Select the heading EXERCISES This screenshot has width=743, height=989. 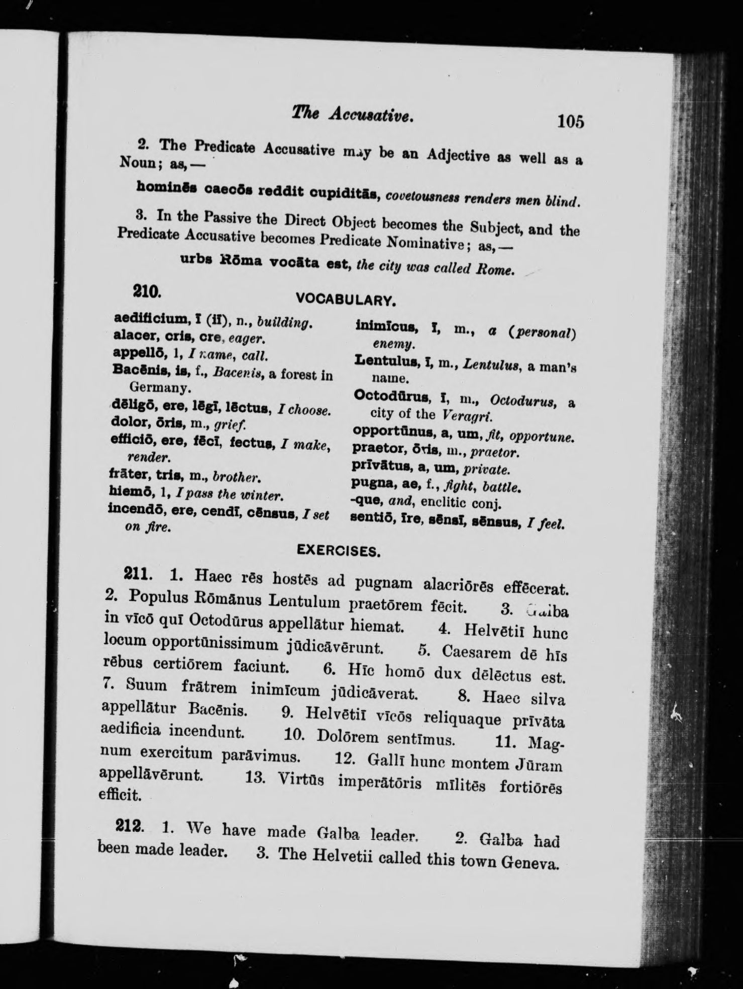[x=338, y=551]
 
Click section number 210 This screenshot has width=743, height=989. [x=146, y=291]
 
